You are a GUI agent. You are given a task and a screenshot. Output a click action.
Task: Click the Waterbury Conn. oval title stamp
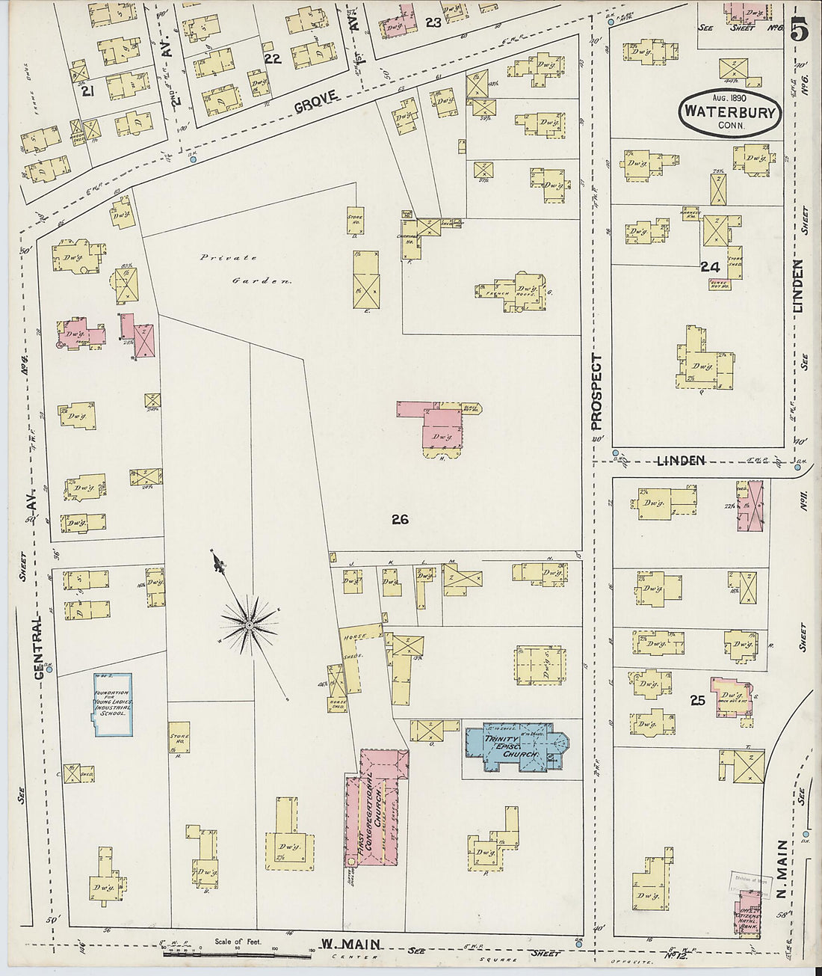tap(729, 114)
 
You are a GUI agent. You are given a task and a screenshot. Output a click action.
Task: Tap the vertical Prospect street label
tap(596, 392)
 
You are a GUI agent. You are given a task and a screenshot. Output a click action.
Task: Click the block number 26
tap(400, 519)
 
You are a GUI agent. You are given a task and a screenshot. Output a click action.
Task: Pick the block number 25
tap(697, 701)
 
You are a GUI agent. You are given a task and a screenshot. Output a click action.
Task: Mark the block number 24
tap(709, 266)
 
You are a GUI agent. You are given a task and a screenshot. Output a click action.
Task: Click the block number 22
tap(272, 59)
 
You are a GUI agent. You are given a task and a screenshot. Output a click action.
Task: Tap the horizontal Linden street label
tap(682, 461)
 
